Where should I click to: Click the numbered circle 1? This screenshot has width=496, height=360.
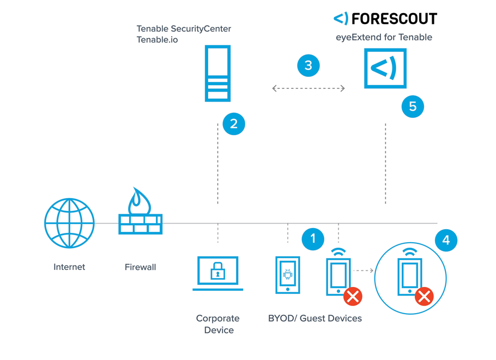pos(313,238)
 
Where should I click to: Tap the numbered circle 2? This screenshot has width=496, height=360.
pos(234,124)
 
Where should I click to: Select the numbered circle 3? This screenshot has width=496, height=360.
pos(309,65)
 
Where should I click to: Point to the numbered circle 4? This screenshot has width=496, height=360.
pos(446,239)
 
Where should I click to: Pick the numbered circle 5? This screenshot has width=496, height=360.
pos(413,106)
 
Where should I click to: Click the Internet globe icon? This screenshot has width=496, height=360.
pos(69,223)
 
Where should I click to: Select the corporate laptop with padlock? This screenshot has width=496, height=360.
pos(217,273)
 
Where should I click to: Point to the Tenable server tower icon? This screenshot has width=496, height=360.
pos(217,73)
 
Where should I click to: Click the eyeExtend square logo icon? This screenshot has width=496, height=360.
pos(385,68)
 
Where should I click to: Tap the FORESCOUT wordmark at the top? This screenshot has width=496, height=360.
pos(385,19)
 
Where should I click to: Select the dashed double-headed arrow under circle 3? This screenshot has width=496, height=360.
pos(309,88)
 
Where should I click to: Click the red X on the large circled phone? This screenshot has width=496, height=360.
pos(424,297)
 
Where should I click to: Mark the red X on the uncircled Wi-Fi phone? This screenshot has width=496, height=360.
pos(353,297)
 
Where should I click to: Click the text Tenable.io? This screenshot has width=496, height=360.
pos(157,40)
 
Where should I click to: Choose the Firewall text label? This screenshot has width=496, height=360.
pos(140,267)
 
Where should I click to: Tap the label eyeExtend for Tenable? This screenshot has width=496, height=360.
pos(384,38)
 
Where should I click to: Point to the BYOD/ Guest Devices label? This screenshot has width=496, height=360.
pos(314,318)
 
